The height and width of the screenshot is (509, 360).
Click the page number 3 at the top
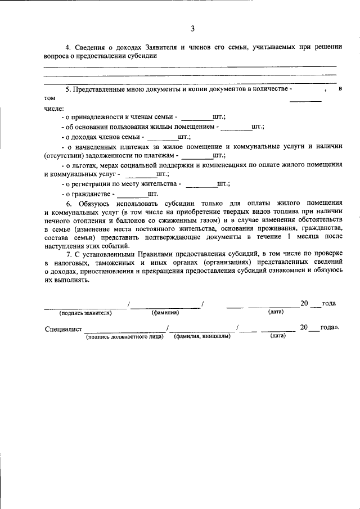pyautogui.click(x=192, y=29)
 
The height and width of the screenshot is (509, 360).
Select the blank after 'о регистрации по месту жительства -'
pyautogui.click(x=201, y=184)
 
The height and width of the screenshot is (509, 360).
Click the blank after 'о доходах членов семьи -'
pyautogui.click(x=162, y=137)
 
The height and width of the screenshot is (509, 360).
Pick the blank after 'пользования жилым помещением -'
pyautogui.click(x=236, y=127)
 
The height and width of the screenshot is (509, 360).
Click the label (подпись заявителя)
pyautogui.click(x=86, y=312)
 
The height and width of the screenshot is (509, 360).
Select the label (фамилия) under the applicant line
pyautogui.click(x=165, y=312)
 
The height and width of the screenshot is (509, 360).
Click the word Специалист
pyautogui.click(x=64, y=328)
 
